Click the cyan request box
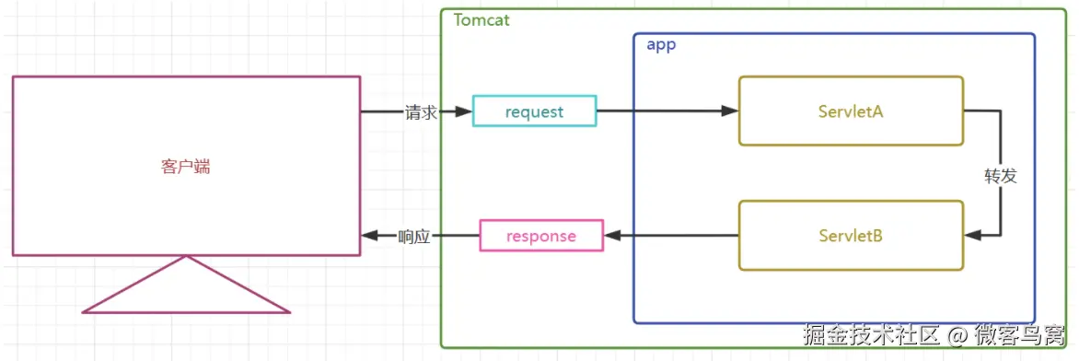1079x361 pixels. (x=535, y=111)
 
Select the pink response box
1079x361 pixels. (x=540, y=236)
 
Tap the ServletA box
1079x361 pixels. (x=852, y=111)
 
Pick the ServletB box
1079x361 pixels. (x=852, y=236)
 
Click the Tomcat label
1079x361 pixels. (x=481, y=19)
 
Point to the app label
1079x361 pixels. (x=661, y=45)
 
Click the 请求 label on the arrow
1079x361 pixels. (x=421, y=112)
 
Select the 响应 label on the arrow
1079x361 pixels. (x=414, y=237)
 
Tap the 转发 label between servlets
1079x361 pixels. (x=1000, y=176)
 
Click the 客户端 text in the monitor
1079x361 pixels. (x=186, y=167)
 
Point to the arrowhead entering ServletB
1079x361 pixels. (x=973, y=236)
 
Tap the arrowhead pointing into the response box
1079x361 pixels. (x=612, y=236)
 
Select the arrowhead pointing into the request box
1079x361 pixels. (x=464, y=111)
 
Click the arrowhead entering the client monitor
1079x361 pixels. (x=369, y=236)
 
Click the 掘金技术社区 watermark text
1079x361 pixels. (x=871, y=335)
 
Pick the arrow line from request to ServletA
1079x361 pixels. (x=667, y=111)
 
